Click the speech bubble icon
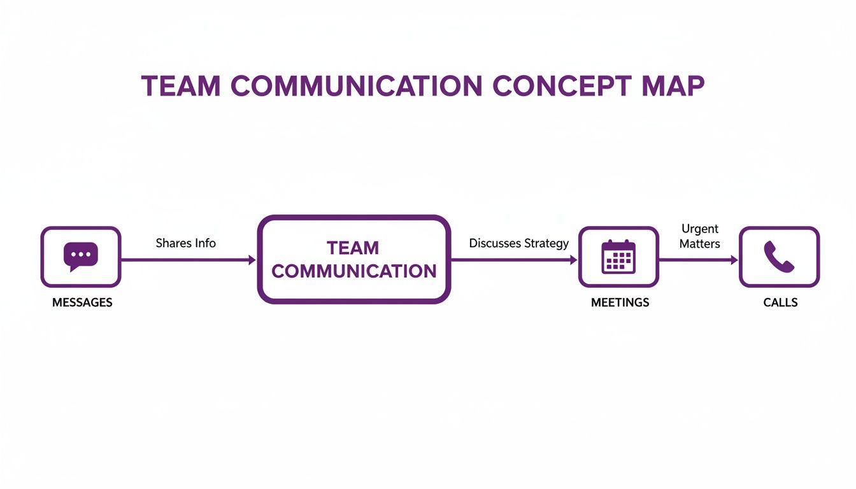81,256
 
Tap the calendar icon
618,257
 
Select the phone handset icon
779,257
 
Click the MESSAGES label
82,302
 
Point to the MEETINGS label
620,302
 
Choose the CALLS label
780,302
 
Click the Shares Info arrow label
185,243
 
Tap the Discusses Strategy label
518,243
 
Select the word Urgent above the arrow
699,229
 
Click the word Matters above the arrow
699,244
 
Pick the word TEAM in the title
177,87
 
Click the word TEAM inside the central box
352,248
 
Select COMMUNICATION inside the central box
354,271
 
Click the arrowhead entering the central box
252,260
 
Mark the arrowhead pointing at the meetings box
574,260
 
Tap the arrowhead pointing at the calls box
734,260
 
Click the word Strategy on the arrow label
547,243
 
